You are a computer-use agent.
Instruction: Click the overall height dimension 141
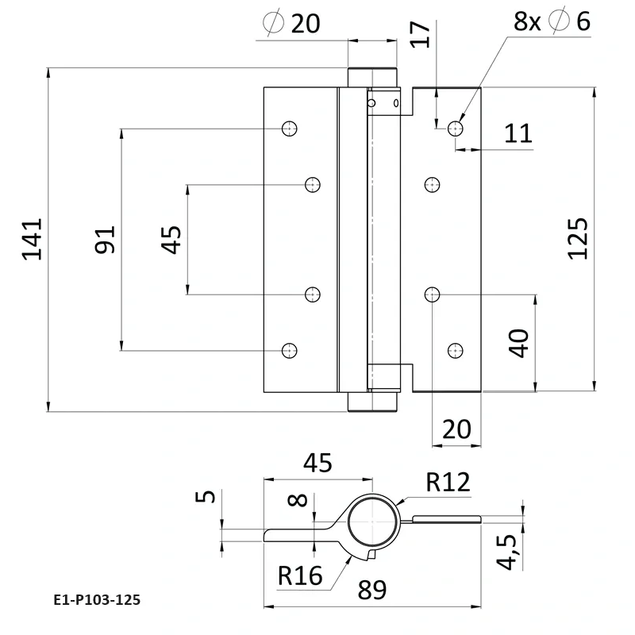click(x=33, y=239)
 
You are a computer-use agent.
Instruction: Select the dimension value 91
click(x=106, y=239)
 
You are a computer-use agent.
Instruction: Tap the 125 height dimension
click(x=578, y=237)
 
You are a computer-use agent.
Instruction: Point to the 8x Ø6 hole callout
click(x=552, y=21)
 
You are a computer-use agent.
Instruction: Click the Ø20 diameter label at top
click(x=291, y=24)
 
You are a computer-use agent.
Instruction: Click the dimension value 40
click(x=518, y=344)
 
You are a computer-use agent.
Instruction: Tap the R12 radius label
click(x=448, y=482)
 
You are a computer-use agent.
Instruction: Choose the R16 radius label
click(x=300, y=575)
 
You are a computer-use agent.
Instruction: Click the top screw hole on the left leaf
click(x=290, y=128)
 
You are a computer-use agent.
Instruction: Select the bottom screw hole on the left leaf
click(x=290, y=349)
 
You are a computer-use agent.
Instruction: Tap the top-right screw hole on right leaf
click(x=456, y=128)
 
